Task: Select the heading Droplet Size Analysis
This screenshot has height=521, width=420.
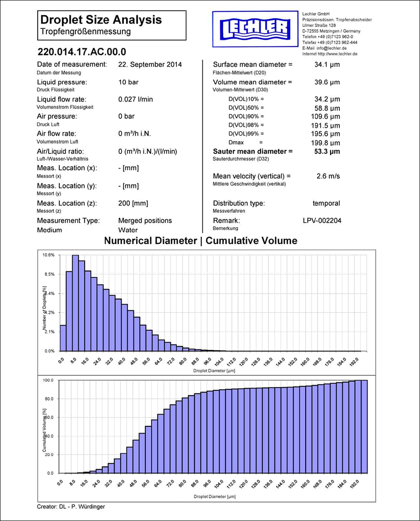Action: coord(101,20)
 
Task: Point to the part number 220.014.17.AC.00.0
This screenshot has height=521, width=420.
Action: coord(82,51)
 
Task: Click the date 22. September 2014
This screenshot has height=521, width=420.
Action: coord(149,65)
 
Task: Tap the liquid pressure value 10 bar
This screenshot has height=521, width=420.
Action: coord(128,82)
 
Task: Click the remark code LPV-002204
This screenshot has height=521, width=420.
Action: coord(322,220)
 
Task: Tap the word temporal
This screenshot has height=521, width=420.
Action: coord(326,203)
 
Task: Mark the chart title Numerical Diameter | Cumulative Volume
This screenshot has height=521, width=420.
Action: coord(200,240)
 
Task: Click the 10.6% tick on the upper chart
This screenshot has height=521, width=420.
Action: coord(48,255)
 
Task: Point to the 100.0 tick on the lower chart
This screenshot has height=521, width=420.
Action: coord(48,380)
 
